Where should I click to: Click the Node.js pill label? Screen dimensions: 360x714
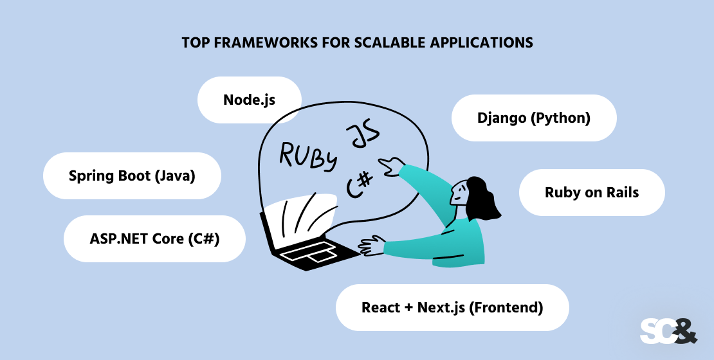[249, 100]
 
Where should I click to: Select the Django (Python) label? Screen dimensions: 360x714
[534, 118]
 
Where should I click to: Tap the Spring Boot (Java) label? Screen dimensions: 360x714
[132, 175]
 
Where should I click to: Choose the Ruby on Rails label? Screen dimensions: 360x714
[591, 192]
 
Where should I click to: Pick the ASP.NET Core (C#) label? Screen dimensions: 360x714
[154, 239]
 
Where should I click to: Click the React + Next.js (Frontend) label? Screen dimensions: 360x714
[452, 307]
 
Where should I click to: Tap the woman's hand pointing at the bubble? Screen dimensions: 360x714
[388, 166]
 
